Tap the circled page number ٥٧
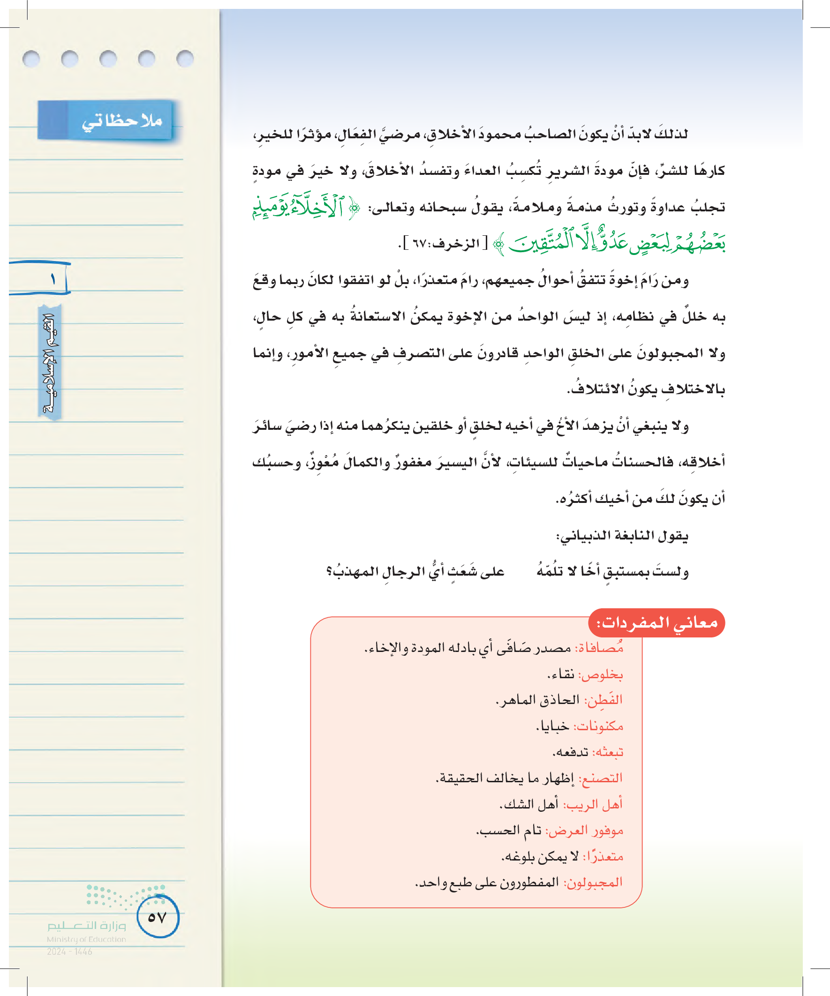coord(158,917)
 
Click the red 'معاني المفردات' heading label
coord(657,622)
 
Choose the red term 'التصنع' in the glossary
coord(600,779)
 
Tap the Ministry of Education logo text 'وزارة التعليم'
coord(86,925)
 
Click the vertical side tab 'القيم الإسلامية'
coord(50,363)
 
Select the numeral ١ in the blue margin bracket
coord(53,279)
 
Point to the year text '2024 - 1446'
coord(69,951)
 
